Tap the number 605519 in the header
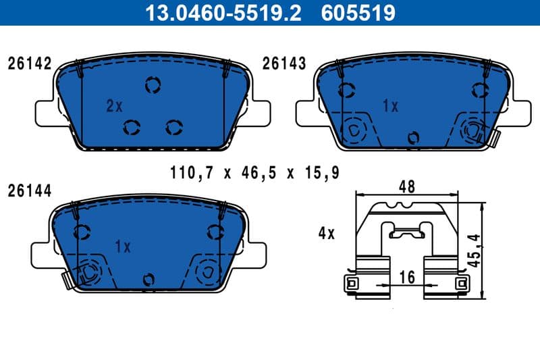coord(358,13)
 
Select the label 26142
coord(29,64)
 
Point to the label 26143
coord(284,64)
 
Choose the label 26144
coord(29,191)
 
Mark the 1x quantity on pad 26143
coord(390,106)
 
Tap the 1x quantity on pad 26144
coord(122,247)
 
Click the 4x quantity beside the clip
coord(327,234)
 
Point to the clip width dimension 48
coord(406,186)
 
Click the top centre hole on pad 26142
coord(153,84)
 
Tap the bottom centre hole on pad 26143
coord(414,138)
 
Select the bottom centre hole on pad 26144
coord(148,279)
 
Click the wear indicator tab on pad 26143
coord(495,138)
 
